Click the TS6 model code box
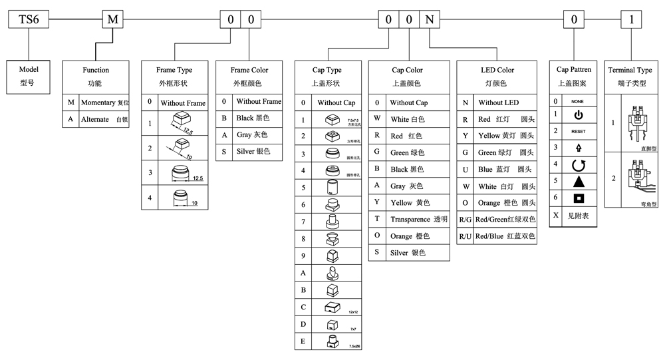(x=29, y=19)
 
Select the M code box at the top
(x=112, y=19)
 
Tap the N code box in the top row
(x=430, y=19)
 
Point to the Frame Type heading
(x=174, y=70)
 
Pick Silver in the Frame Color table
(x=253, y=152)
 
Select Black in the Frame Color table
(x=253, y=118)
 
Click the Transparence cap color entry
(x=419, y=219)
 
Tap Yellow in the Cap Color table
(x=410, y=202)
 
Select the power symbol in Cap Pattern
(x=578, y=115)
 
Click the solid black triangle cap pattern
(x=578, y=181)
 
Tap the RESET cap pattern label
(x=578, y=132)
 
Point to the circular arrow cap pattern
(x=578, y=164)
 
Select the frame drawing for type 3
(x=180, y=174)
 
